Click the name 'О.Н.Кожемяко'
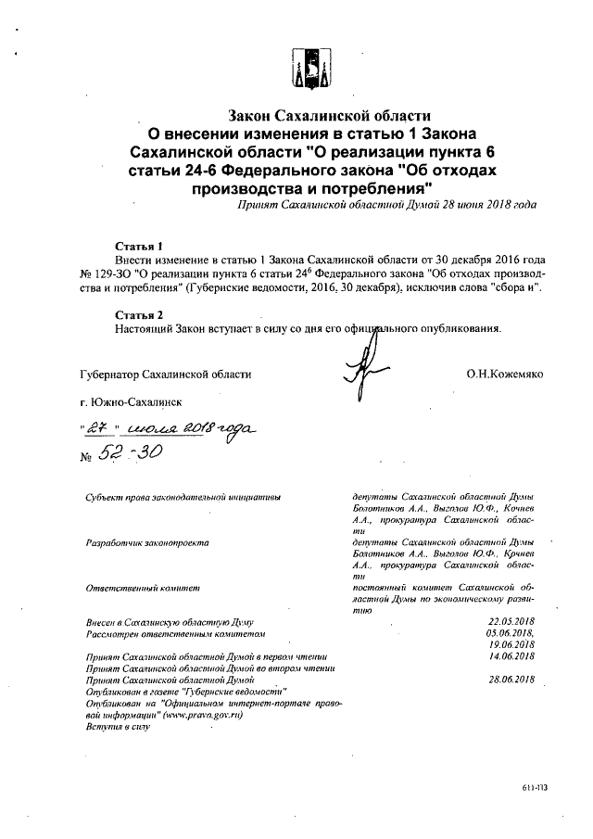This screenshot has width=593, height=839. coord(505,375)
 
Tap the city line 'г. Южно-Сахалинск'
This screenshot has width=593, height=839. coord(132,402)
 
